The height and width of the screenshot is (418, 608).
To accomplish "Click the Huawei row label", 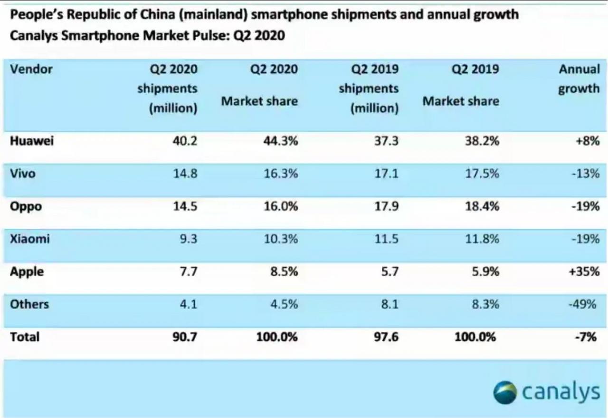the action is (x=32, y=141).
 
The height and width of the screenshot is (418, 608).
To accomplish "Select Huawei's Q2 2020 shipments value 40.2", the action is (x=185, y=141).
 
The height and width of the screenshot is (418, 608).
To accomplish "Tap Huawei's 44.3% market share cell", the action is (x=280, y=141).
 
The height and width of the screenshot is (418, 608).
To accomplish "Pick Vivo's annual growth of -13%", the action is (x=585, y=174).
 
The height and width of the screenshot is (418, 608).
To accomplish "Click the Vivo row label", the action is (x=22, y=174).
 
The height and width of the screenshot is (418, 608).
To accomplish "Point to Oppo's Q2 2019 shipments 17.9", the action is (x=386, y=206).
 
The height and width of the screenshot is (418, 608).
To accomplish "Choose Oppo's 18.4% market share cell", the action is (x=482, y=206).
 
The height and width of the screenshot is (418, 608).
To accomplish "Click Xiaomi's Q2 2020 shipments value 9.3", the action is (x=189, y=239).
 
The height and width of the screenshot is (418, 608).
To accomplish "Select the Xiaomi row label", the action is (x=30, y=239).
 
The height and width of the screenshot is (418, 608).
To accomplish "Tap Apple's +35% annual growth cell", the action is (x=584, y=272).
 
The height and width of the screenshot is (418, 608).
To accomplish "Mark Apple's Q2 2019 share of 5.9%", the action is (x=485, y=272).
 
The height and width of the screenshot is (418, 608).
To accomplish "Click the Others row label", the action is (x=29, y=304).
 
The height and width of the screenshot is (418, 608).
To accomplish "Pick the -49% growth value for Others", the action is (x=582, y=304).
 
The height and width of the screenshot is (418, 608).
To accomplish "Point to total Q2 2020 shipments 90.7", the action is (x=185, y=337).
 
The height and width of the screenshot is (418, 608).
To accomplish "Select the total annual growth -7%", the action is (x=586, y=337).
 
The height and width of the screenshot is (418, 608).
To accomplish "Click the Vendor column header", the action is (x=31, y=69).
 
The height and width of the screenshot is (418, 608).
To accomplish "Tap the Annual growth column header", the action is (x=579, y=79).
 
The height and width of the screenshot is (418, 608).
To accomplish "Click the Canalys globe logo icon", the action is (x=504, y=392).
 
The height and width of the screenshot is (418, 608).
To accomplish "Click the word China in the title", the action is (x=157, y=14).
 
